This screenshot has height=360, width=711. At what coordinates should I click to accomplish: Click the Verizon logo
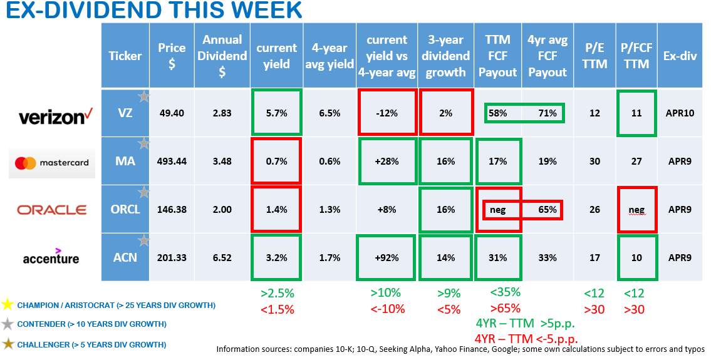(x=53, y=116)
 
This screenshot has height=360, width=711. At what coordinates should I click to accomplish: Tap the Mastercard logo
(x=53, y=163)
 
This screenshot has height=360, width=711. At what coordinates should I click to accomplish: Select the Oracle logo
(x=52, y=210)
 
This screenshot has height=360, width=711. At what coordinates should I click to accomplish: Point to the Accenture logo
(x=51, y=256)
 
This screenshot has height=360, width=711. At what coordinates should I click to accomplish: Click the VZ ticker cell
(x=125, y=113)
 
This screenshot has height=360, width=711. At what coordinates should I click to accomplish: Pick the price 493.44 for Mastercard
(x=172, y=162)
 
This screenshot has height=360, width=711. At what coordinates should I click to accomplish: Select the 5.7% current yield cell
(x=276, y=113)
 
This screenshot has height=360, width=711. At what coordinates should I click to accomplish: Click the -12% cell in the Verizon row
(x=387, y=113)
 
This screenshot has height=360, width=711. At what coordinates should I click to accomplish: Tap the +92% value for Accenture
(x=387, y=257)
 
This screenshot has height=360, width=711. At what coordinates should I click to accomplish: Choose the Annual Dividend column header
(x=222, y=56)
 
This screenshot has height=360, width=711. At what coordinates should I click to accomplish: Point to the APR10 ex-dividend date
(x=680, y=113)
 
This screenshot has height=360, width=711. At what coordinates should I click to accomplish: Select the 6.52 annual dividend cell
(x=222, y=257)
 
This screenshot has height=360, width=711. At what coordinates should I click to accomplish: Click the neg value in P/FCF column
(x=636, y=210)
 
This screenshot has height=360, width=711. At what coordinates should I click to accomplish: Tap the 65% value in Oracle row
(x=548, y=210)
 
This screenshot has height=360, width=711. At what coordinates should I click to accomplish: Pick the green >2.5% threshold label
(x=276, y=293)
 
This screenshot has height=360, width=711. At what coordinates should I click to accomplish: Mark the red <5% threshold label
(x=445, y=309)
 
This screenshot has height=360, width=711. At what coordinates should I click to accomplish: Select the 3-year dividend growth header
(x=445, y=56)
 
